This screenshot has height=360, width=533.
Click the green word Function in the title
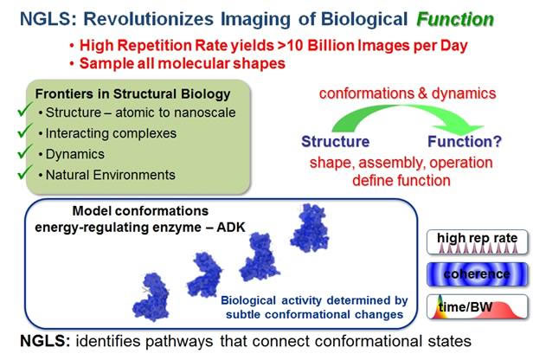[455, 19]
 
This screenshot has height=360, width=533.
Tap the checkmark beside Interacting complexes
[25, 131]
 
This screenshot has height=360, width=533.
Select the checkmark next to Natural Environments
[25, 172]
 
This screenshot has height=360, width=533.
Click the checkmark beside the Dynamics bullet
[25, 151]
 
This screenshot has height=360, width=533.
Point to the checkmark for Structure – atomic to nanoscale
[25, 110]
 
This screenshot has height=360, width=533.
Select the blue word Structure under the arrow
[335, 141]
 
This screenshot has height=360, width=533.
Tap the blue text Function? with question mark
[465, 141]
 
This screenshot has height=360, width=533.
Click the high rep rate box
[478, 242]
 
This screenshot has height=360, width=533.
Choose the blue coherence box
[478, 274]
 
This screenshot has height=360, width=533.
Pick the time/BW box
[478, 306]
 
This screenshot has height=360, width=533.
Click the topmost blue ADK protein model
[310, 228]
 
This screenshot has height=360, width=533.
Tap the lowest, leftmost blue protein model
[151, 297]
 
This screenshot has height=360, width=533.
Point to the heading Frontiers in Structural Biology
[132, 93]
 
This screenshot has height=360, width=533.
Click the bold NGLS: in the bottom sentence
[45, 341]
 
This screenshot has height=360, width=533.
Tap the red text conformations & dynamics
[408, 93]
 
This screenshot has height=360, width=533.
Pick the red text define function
[401, 180]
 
